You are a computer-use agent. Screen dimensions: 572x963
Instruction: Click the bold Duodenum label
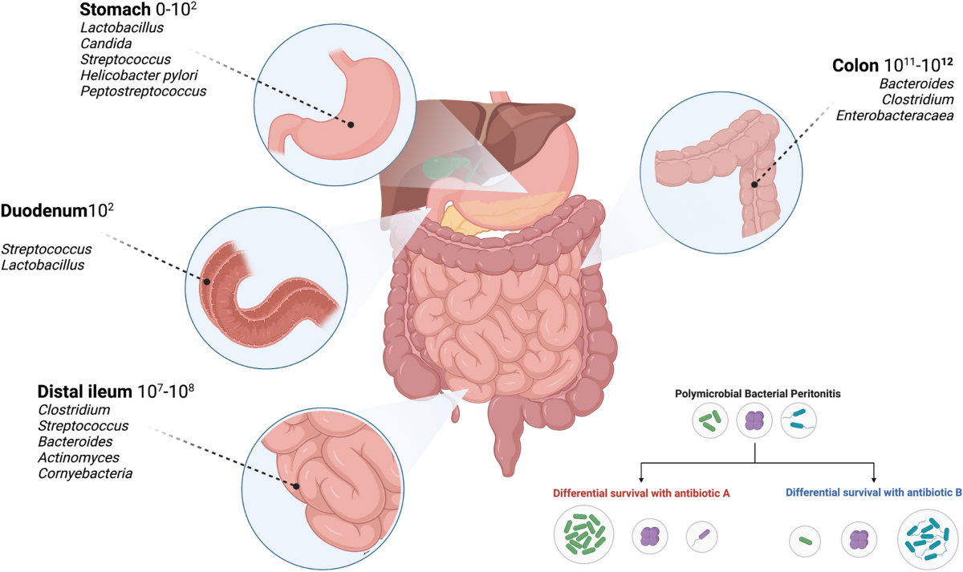point(43,213)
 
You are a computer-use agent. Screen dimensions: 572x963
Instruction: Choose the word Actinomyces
point(79,457)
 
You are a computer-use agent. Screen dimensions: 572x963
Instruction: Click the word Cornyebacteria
point(85,473)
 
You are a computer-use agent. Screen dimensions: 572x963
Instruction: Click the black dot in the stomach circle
point(351,124)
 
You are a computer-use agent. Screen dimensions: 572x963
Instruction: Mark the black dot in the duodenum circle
point(206,282)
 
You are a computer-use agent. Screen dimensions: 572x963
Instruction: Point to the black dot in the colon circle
point(754,185)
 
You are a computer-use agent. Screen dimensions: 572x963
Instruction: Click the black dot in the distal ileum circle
point(296,486)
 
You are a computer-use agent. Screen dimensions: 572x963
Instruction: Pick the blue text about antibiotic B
point(873,493)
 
